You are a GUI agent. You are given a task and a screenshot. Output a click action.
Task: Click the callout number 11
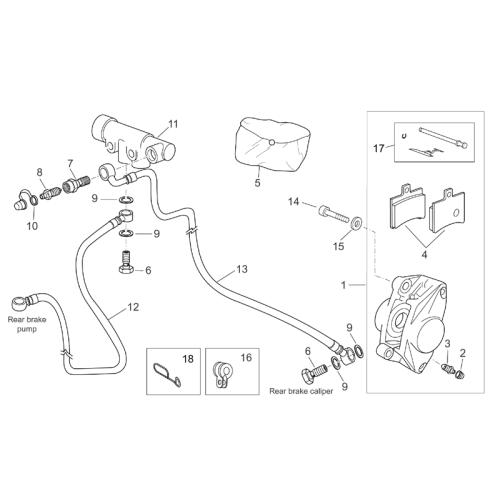coord(173,124)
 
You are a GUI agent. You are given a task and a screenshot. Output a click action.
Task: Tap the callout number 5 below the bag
coord(257,182)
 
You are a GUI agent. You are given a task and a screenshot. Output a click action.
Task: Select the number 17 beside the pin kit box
coord(379,148)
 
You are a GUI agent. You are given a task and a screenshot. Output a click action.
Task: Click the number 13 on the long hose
coord(242,269)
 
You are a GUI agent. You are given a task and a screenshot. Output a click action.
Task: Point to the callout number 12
coord(133,307)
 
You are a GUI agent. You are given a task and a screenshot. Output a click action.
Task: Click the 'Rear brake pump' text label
coord(27,324)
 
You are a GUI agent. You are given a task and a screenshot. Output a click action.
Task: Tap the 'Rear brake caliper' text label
coord(301,391)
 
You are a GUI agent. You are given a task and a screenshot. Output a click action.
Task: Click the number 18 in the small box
coord(188,359)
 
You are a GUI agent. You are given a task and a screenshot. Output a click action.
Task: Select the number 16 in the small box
coord(246,358)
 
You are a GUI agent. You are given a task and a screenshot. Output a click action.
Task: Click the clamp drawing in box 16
coord(222,374)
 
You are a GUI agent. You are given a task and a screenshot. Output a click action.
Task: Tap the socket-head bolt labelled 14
coord(334,215)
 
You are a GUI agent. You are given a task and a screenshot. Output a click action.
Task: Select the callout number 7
coord(70,163)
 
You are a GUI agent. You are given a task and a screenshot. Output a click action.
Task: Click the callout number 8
coord(40,172)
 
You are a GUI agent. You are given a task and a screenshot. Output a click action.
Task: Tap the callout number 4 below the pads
coord(424,255)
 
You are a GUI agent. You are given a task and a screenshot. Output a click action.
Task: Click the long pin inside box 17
coord(444,137)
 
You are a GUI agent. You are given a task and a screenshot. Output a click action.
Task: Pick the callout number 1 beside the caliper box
coord(344,285)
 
